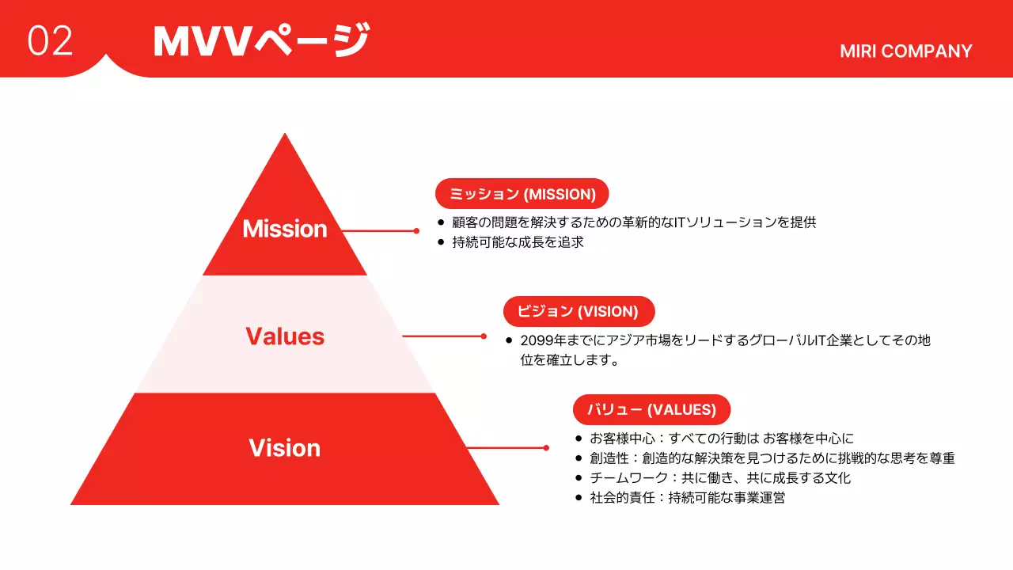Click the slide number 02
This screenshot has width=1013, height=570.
(50, 40)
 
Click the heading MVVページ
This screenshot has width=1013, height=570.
(261, 40)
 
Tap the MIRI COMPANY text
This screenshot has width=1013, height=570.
(905, 51)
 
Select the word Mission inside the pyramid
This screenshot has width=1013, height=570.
(284, 229)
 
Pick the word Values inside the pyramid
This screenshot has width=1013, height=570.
(284, 336)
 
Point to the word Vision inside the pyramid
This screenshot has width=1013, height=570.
(284, 448)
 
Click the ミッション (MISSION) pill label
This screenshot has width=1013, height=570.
(522, 194)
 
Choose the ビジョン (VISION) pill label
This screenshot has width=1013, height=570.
(579, 311)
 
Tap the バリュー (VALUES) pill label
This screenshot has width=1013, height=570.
(651, 409)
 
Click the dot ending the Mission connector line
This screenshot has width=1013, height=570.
(416, 231)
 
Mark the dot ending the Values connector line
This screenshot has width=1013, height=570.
(484, 336)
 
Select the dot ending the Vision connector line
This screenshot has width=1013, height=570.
(546, 448)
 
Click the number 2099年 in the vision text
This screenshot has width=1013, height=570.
(544, 340)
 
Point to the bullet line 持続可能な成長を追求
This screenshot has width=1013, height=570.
(518, 242)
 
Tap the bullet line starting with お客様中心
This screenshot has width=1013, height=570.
(721, 438)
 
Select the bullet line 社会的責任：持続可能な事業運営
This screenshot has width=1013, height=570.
(687, 498)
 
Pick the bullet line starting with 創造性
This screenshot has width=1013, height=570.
(772, 458)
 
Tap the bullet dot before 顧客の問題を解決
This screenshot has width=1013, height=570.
(441, 222)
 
